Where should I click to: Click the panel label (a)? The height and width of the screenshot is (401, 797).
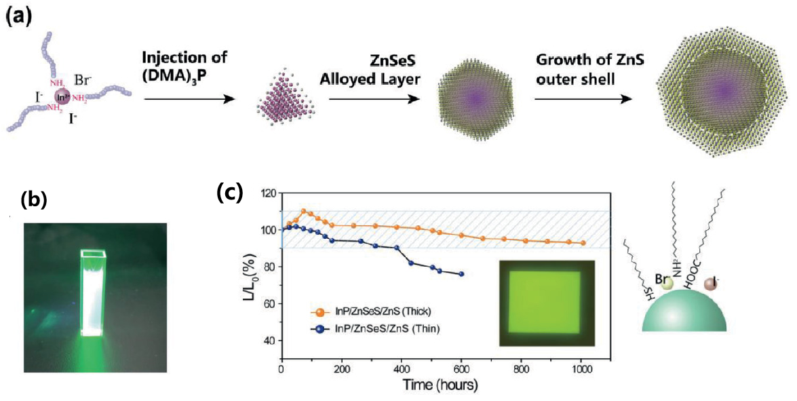(18, 16)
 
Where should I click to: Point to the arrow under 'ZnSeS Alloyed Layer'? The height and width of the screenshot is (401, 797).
(374, 98)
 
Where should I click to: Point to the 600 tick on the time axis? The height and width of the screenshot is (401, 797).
(461, 370)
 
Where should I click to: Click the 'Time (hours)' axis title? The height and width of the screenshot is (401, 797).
(440, 385)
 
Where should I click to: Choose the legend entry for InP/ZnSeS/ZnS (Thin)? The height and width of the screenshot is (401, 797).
(374, 329)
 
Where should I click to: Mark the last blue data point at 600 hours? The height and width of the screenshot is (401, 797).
(461, 274)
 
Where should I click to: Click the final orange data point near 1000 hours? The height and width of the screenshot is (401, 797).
(583, 243)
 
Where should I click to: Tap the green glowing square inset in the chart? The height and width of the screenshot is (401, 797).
(547, 303)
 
